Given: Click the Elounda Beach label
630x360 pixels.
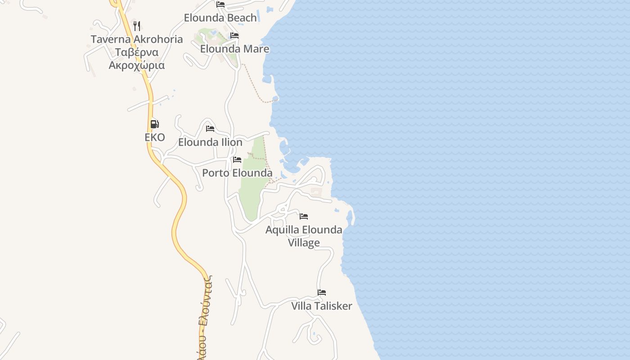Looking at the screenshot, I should click(x=220, y=18).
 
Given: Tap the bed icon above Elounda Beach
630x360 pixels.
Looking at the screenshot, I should click(x=220, y=4).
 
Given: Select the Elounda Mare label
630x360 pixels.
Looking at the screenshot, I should click(x=234, y=49).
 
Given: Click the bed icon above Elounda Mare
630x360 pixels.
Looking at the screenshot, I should click(x=234, y=36).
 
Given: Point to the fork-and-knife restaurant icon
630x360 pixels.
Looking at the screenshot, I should click(x=137, y=26).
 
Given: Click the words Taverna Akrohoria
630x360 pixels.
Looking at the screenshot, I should click(x=137, y=39).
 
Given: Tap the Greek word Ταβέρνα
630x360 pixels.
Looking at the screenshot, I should click(x=137, y=52).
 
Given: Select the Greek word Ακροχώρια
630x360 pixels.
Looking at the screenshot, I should click(x=137, y=65).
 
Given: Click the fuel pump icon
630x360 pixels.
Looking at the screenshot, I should click(x=154, y=124).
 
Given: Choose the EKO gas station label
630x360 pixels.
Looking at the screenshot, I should click(x=155, y=137).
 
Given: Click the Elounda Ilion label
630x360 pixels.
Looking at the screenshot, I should click(x=210, y=142).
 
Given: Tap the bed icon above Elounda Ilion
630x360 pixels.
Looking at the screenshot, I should click(x=210, y=129).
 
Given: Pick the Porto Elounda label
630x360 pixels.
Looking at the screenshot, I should click(x=237, y=173).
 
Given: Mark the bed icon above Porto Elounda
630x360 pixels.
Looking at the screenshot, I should click(x=237, y=160).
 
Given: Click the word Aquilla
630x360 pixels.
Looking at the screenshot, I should click(x=282, y=230).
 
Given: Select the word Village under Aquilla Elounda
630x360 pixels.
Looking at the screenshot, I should click(x=304, y=243).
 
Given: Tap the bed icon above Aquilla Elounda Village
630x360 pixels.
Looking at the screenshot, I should click(x=304, y=216).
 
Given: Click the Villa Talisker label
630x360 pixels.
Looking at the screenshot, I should click(x=321, y=306).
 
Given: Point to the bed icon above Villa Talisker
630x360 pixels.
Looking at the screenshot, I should click(x=321, y=292).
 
